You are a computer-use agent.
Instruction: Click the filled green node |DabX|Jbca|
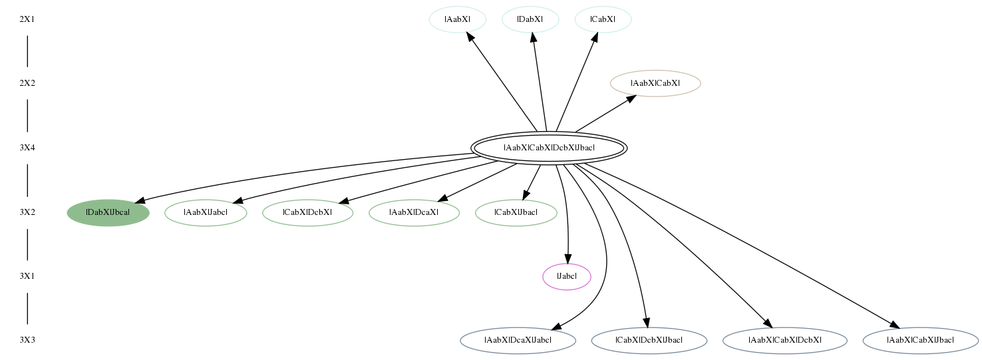click(108, 213)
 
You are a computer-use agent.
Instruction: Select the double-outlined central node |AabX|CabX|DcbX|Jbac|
click(549, 148)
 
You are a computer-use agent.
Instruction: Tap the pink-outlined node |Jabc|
click(567, 277)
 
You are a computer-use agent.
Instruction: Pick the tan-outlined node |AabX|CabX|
click(655, 83)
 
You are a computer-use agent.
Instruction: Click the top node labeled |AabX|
click(458, 19)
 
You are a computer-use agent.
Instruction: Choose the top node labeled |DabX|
click(530, 19)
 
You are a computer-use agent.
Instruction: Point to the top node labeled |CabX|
click(603, 19)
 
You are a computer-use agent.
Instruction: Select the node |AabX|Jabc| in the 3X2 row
click(206, 213)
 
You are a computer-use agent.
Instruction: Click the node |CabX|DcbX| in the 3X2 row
click(308, 213)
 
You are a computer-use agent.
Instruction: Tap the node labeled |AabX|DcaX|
click(414, 213)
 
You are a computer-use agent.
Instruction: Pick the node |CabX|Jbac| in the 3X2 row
click(516, 213)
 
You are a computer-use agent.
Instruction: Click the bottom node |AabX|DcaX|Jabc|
click(518, 340)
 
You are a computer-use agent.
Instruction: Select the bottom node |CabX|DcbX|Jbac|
click(649, 340)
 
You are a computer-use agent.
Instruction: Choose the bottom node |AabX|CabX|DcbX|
click(785, 340)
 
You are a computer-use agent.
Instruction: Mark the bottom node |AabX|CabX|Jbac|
click(921, 340)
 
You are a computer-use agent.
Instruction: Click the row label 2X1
click(27, 19)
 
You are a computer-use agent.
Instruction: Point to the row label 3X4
click(27, 148)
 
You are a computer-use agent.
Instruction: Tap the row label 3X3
click(27, 340)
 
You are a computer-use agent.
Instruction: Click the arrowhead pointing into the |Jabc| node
click(568, 259)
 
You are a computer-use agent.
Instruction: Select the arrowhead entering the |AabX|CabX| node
click(632, 98)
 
